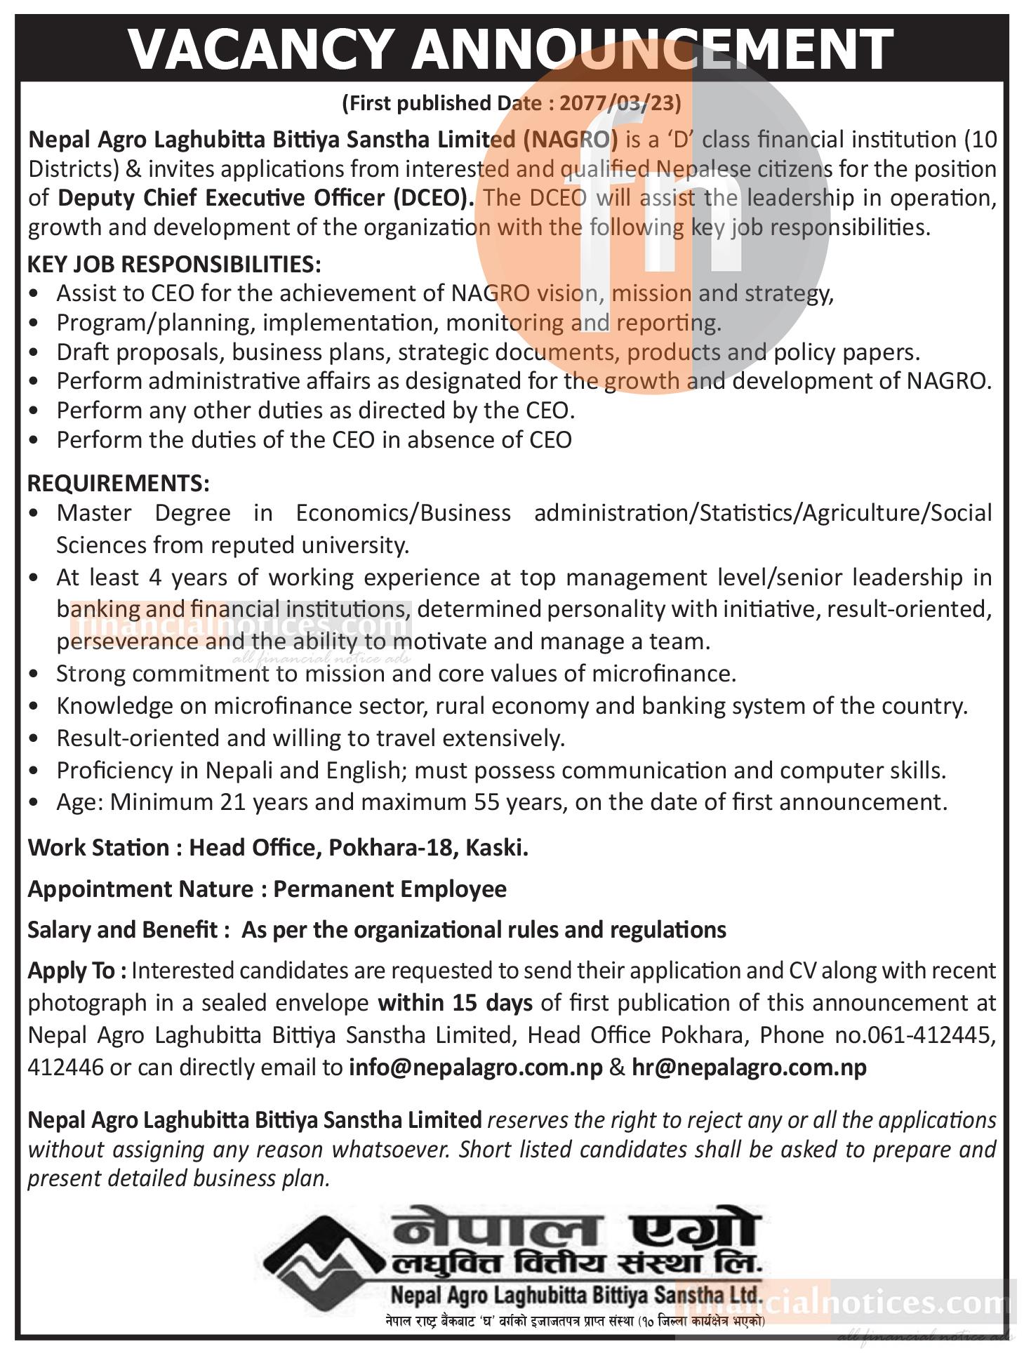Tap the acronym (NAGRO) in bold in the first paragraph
pyautogui.click(x=571, y=140)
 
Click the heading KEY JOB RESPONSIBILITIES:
pyautogui.click(x=174, y=265)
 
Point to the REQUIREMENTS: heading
pyautogui.click(x=118, y=483)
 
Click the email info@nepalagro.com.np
pyautogui.click(x=476, y=1067)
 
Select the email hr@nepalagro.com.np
pyautogui.click(x=749, y=1067)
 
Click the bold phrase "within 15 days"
pyautogui.click(x=455, y=1003)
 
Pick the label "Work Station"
pyautogui.click(x=98, y=848)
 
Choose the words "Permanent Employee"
pyautogui.click(x=390, y=889)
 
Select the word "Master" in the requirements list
pyautogui.click(x=94, y=513)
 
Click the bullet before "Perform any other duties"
pyautogui.click(x=35, y=411)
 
